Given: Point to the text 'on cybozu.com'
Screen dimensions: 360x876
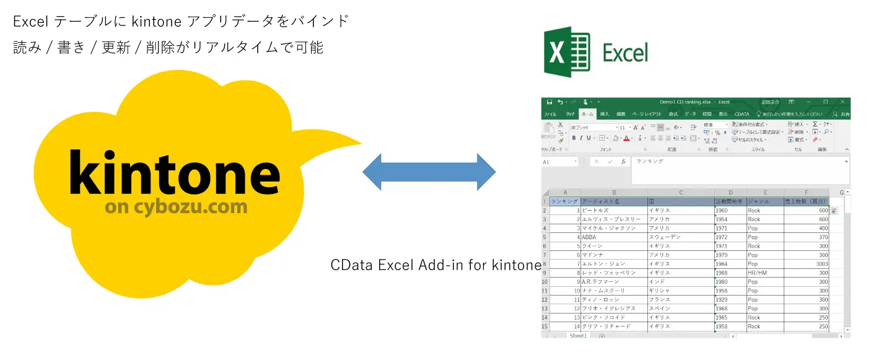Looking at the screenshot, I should (176, 206).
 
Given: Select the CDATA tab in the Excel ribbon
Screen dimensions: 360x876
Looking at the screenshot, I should (742, 115).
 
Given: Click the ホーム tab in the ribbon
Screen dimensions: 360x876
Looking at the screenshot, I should (588, 115).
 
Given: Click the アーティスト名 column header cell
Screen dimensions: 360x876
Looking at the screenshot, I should (613, 201).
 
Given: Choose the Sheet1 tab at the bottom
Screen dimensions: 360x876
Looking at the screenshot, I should (578, 336).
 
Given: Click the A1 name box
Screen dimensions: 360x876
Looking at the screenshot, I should (558, 162).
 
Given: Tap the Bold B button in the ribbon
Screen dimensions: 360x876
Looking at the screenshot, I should (574, 138).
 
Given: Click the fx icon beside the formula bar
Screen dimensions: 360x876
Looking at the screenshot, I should (623, 162).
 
